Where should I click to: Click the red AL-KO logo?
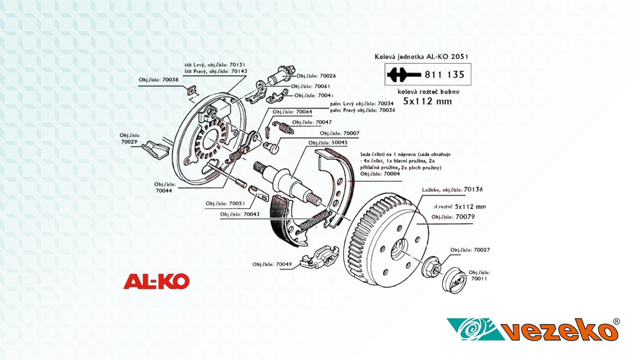(156, 281)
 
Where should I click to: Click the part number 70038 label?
(158, 80)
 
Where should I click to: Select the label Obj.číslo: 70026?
(316, 76)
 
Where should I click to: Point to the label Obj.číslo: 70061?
(310, 86)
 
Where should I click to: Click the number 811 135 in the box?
(444, 74)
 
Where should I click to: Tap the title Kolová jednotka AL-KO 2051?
(421, 56)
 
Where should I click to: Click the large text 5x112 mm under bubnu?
(427, 101)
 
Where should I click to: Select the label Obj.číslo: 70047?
(312, 122)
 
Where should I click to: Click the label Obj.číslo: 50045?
(328, 142)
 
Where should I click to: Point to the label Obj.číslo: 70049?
(272, 264)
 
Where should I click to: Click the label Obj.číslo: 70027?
(470, 250)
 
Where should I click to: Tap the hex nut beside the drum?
(431, 267)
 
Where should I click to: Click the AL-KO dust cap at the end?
(454, 280)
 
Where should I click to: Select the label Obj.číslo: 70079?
(453, 217)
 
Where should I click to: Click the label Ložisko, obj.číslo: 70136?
(452, 190)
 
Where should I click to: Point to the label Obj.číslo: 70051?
(225, 203)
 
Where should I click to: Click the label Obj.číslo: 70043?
(240, 214)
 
